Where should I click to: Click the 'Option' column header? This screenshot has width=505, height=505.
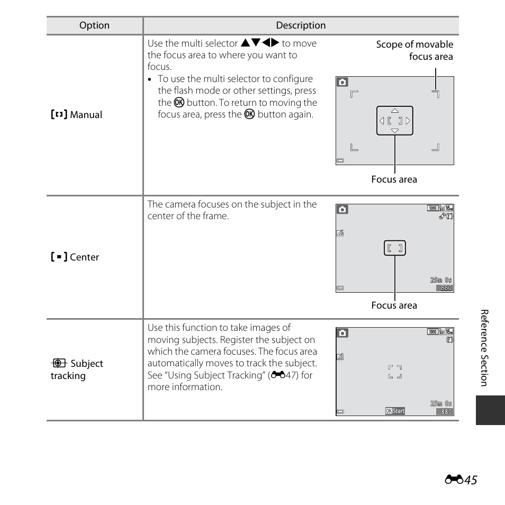94,25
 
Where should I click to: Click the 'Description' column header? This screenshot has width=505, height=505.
301,25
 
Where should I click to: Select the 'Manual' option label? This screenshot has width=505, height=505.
77,115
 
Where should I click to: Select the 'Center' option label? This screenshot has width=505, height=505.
75,257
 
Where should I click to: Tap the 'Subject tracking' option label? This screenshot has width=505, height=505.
77,369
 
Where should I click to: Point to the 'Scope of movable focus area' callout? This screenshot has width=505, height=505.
414,50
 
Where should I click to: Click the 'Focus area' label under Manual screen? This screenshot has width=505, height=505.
394,179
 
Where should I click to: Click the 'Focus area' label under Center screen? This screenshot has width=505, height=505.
394,305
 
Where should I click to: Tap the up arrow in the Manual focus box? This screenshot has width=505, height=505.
394,111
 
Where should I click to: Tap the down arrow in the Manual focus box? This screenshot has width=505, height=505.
394,130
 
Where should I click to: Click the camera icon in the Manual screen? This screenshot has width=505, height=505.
342,82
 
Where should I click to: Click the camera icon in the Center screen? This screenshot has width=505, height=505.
342,210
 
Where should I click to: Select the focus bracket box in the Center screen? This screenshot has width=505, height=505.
395,248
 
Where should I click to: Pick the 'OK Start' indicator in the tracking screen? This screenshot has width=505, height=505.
395,411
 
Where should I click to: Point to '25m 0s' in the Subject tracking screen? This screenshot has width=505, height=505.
441,403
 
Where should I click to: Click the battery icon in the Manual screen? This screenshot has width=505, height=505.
340,160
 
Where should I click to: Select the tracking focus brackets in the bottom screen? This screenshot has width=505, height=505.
395,372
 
